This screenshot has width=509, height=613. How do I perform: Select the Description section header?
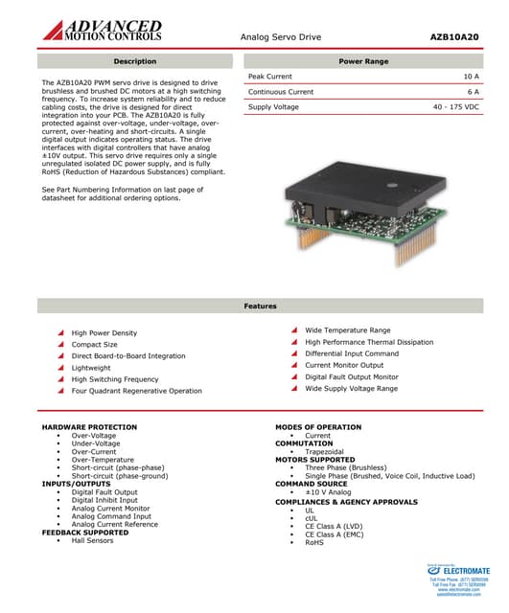pos(134,61)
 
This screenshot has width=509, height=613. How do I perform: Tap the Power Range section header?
pos(363,61)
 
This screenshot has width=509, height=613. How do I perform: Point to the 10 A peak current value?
pos(471,76)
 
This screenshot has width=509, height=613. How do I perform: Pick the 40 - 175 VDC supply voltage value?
pos(455,107)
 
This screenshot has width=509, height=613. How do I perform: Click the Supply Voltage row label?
pos(273,107)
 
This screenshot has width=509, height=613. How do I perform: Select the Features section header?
pos(260,306)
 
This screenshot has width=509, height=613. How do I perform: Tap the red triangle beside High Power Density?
pos(61,333)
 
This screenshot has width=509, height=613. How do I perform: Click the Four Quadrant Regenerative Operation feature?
pos(136,391)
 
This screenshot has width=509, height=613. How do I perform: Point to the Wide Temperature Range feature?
pos(347,330)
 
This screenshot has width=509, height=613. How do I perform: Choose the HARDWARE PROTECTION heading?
pos(89,426)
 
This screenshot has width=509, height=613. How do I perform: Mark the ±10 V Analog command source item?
pos(328,492)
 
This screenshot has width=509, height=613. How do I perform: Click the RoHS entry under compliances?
pos(314,542)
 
